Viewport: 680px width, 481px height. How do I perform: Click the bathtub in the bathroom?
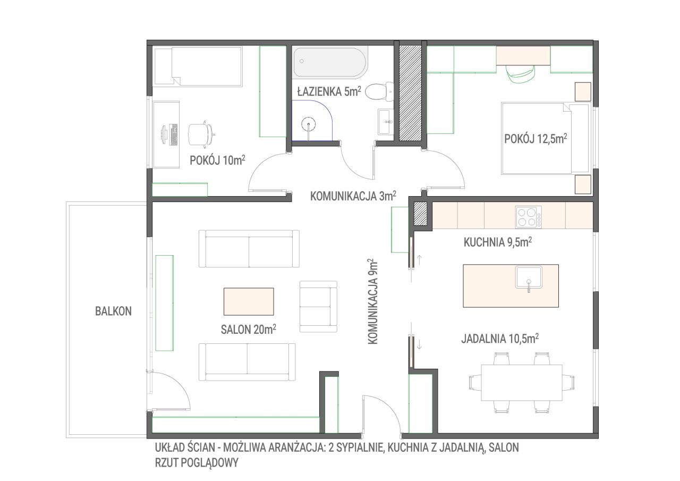pyautogui.click(x=330, y=62)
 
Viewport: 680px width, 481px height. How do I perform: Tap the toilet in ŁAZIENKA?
pyautogui.click(x=379, y=91)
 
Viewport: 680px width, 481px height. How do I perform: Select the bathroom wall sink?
pyautogui.click(x=386, y=122)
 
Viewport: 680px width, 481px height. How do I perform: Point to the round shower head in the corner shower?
pyautogui.click(x=309, y=124)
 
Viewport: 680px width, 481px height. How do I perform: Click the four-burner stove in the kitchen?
pyautogui.click(x=529, y=217)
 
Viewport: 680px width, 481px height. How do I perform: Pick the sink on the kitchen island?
pyautogui.click(x=529, y=277)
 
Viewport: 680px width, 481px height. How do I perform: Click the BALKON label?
pyautogui.click(x=113, y=311)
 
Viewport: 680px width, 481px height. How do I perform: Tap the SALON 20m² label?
pyautogui.click(x=248, y=329)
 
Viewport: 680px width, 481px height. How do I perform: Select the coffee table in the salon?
pyautogui.click(x=249, y=301)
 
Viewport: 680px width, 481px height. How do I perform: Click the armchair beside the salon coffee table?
pyautogui.click(x=318, y=306)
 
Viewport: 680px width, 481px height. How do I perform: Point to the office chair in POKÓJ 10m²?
pyautogui.click(x=201, y=134)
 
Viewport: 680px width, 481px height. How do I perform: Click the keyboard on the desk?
pyautogui.click(x=174, y=134)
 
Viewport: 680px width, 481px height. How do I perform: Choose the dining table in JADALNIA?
pyautogui.click(x=522, y=383)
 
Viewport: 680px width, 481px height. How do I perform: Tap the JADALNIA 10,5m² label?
pyautogui.click(x=500, y=339)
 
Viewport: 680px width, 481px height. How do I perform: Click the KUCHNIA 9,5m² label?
pyautogui.click(x=498, y=242)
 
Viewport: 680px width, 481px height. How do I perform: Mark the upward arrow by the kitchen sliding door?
pyautogui.click(x=419, y=260)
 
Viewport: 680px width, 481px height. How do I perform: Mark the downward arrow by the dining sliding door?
pyautogui.click(x=419, y=344)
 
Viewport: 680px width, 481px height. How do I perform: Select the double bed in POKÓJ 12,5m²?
pyautogui.click(x=545, y=139)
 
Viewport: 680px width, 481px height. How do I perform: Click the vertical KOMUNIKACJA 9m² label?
pyautogui.click(x=372, y=301)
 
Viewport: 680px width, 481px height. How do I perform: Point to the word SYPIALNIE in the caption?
pyautogui.click(x=360, y=448)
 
